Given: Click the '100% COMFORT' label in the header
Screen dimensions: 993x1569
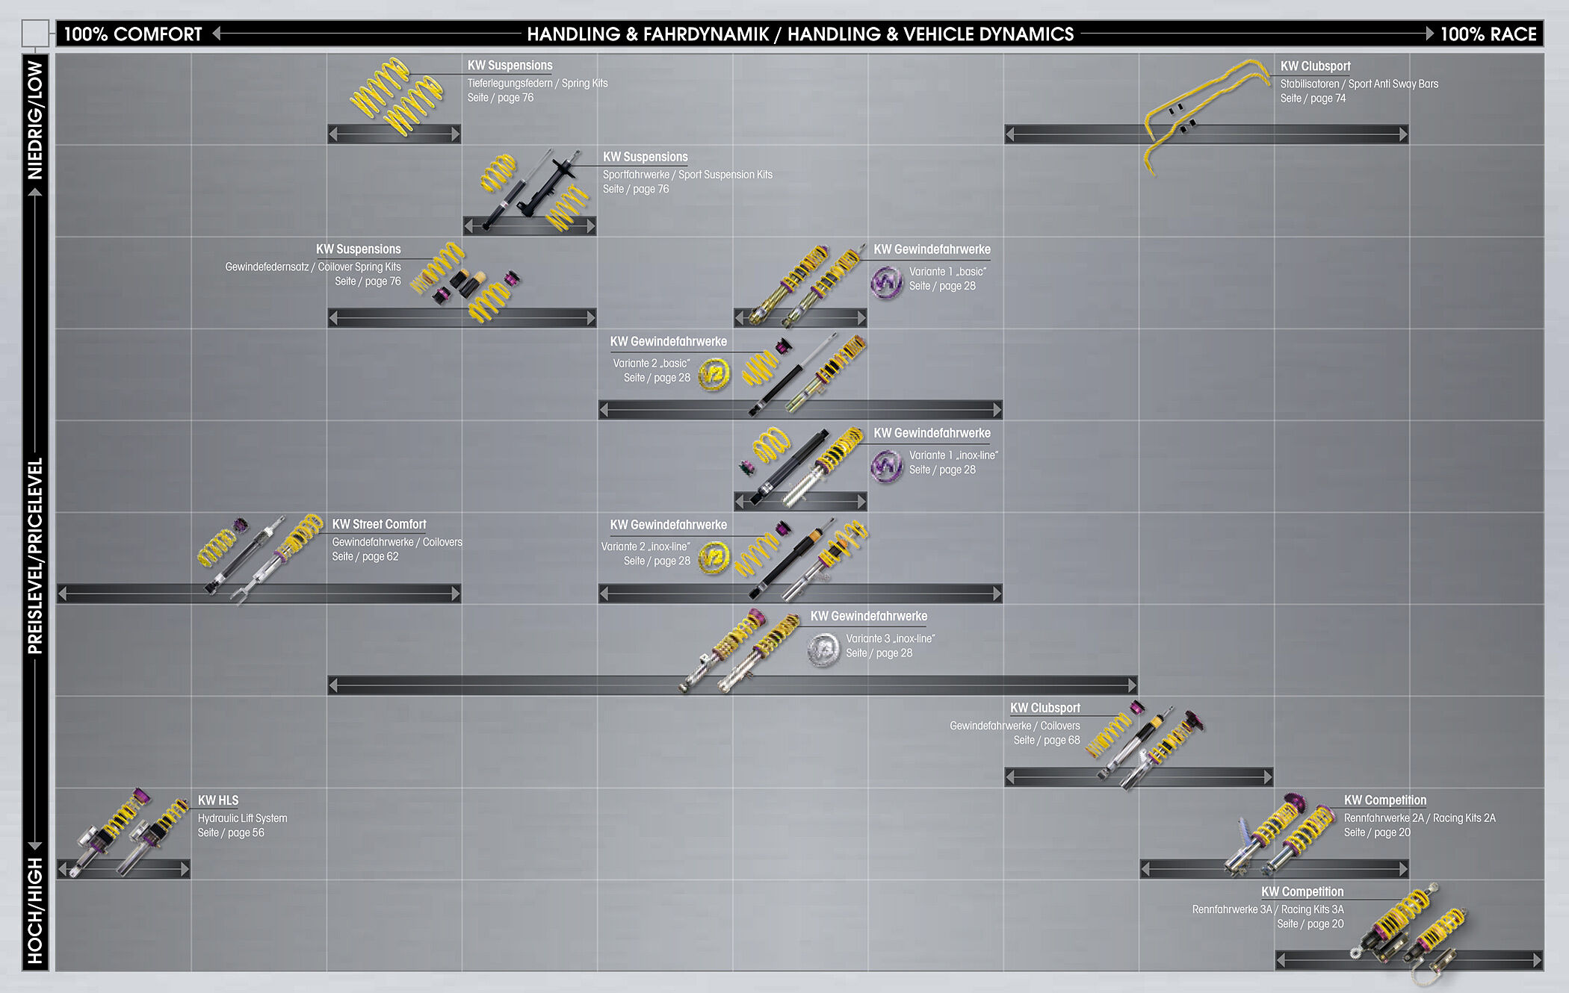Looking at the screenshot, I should pyautogui.click(x=133, y=34).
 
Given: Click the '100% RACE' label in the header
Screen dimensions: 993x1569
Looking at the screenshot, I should pyautogui.click(x=1488, y=34).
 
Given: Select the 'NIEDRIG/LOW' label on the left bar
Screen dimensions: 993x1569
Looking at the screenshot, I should pyautogui.click(x=35, y=119).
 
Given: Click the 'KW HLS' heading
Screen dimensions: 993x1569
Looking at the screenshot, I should pyautogui.click(x=218, y=800).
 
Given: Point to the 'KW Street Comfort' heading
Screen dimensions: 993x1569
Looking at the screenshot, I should pyautogui.click(x=379, y=524).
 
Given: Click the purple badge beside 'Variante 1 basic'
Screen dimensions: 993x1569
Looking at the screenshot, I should pyautogui.click(x=887, y=282).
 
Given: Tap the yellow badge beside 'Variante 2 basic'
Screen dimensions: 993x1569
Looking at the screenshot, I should pyautogui.click(x=714, y=374).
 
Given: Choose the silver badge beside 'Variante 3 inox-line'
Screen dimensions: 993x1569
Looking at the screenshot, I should pyautogui.click(x=823, y=650).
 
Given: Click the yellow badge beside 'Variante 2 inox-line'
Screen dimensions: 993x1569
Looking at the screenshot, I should pyautogui.click(x=714, y=558).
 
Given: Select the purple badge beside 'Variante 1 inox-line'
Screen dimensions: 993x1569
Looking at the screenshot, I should pyautogui.click(x=887, y=466).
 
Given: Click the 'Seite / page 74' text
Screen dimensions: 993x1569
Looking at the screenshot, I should pyautogui.click(x=1313, y=99).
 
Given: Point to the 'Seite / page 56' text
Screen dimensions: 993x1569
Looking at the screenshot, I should pyautogui.click(x=231, y=832).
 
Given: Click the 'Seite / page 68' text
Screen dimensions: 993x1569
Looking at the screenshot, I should pyautogui.click(x=1047, y=740).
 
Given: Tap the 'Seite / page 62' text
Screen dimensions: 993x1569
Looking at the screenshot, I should pyautogui.click(x=365, y=556).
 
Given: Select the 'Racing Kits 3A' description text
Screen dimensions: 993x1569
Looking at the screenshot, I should pyautogui.click(x=1312, y=909).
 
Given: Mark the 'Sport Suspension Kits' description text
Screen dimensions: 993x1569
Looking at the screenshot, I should pyautogui.click(x=725, y=175).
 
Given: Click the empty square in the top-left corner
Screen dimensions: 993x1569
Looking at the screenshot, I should pyautogui.click(x=35, y=34).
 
